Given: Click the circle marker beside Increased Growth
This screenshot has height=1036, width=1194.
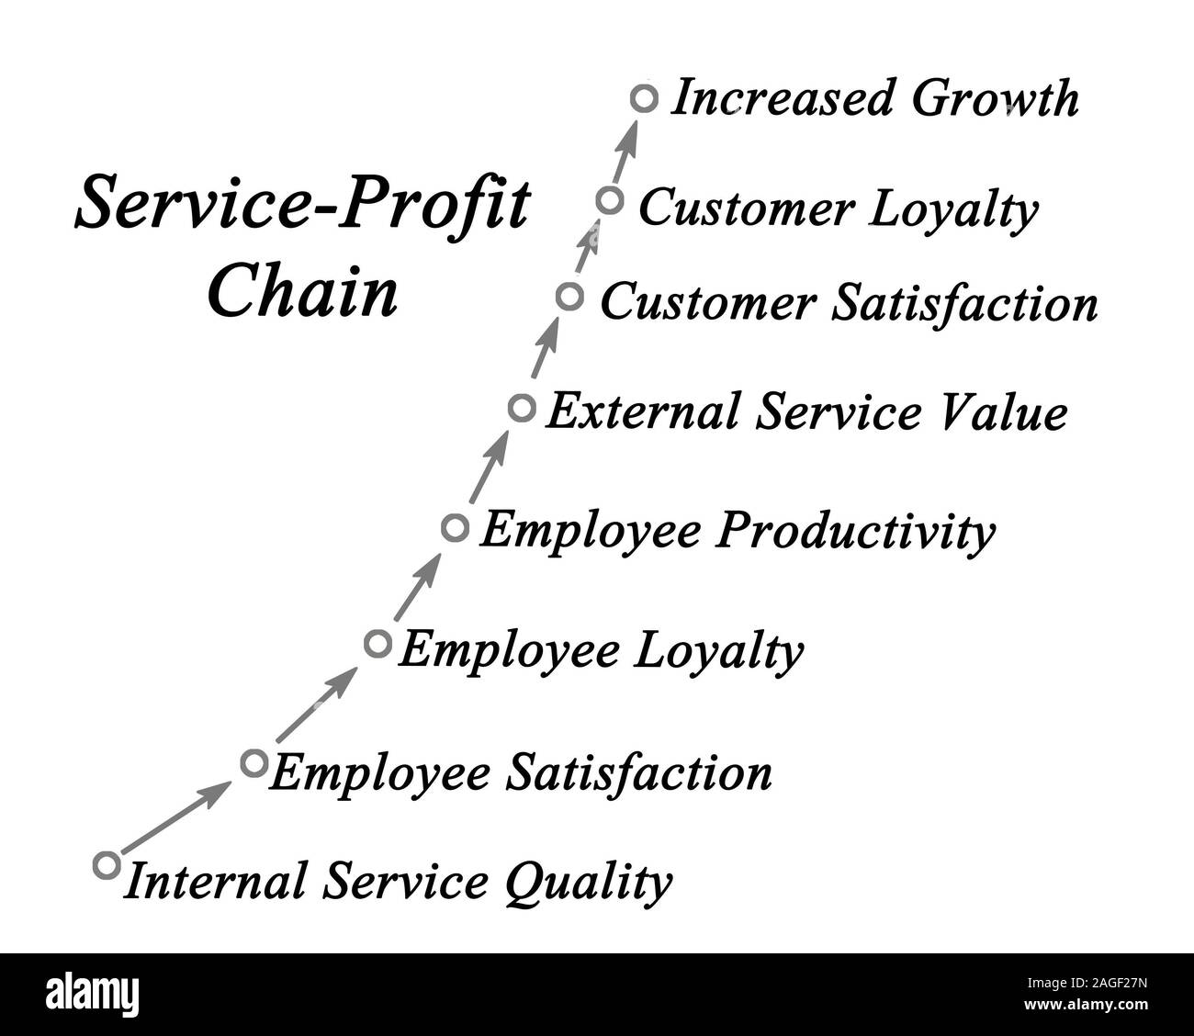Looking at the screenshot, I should click(645, 98).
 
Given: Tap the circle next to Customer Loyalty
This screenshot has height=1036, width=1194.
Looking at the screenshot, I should click(609, 199).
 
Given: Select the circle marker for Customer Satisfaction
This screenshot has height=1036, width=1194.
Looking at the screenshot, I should click(569, 297).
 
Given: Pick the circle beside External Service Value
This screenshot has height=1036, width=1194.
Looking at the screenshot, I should click(522, 407).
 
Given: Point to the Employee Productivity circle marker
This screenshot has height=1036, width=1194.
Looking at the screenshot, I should click(455, 527).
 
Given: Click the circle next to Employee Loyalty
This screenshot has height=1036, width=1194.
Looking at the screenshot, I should click(377, 643).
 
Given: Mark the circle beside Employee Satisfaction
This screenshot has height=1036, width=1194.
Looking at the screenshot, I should click(253, 762).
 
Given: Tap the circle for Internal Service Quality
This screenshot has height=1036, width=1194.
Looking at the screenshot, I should click(107, 864).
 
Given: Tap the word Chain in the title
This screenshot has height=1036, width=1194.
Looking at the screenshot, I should click(302, 292).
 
